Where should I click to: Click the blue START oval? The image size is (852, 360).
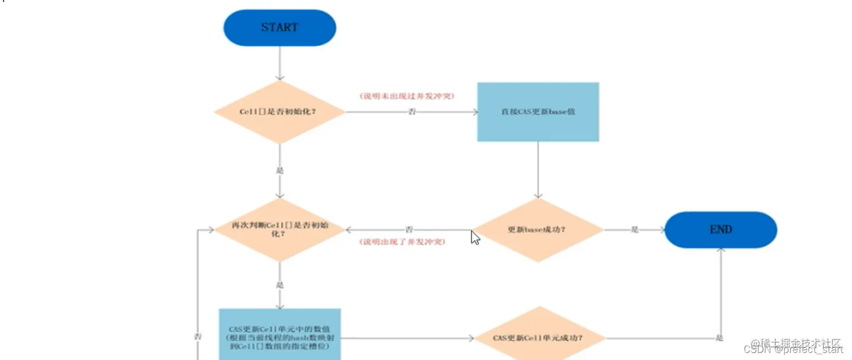coord(279,28)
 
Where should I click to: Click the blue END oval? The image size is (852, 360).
coord(721,230)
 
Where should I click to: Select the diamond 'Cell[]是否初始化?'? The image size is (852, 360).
coord(279,112)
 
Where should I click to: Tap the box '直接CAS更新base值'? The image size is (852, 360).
coord(538,112)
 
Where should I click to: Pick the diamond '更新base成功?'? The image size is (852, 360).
coord(537,230)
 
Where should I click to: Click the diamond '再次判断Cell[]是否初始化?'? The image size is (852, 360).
coord(279,229)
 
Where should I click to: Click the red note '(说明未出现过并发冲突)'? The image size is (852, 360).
coord(407,96)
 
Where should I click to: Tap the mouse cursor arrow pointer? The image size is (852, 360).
coord(475,237)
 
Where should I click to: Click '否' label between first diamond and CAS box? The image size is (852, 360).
coord(412,112)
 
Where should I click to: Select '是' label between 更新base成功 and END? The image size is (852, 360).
coord(634,230)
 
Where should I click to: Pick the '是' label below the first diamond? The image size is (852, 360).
coord(279,170)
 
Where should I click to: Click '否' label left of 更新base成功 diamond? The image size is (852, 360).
coord(409,230)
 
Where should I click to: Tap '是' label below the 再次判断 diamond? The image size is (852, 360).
coord(279,285)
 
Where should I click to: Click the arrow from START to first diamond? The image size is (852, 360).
coord(279,63)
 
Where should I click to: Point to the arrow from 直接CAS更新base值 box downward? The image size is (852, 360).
coord(538,169)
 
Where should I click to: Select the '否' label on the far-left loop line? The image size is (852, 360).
coord(198,336)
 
